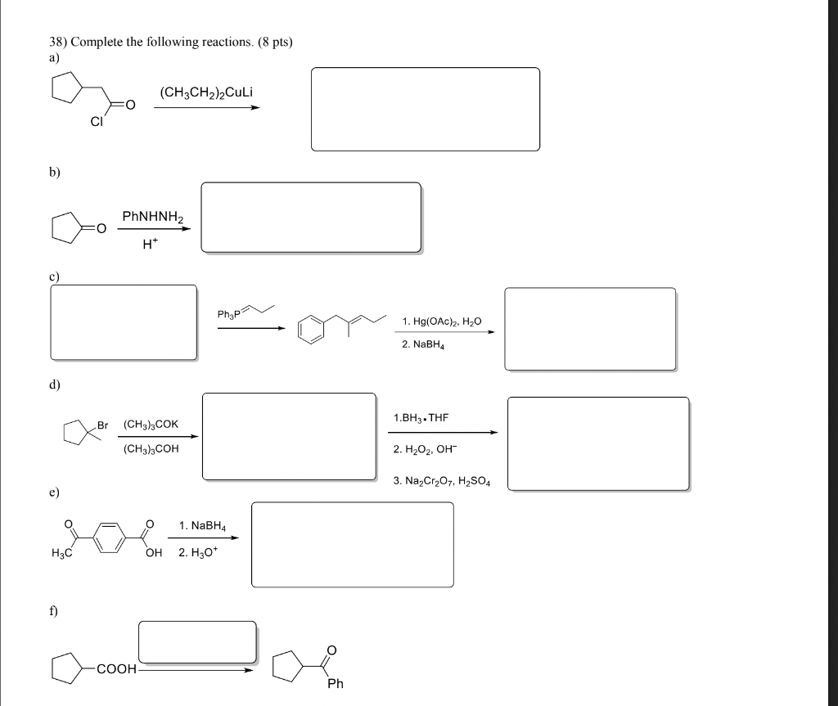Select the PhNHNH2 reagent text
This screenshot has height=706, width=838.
tap(153, 217)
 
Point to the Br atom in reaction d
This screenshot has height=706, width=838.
tap(102, 425)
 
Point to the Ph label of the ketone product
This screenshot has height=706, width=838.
tap(335, 683)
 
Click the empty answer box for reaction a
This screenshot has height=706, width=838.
tap(425, 109)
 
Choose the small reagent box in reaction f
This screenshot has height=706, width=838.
tap(196, 641)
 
